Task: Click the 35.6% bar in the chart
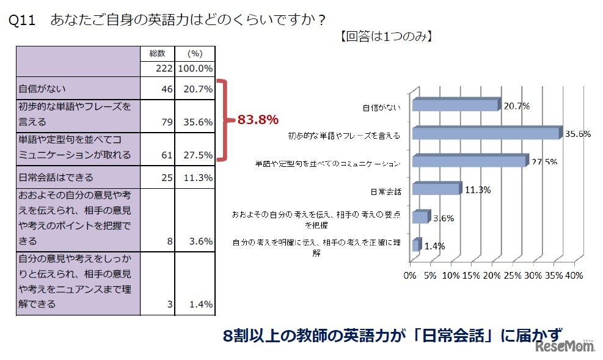(x=486, y=133)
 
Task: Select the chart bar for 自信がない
(x=455, y=105)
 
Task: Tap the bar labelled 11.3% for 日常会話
(x=436, y=188)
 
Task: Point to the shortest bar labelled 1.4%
(x=416, y=244)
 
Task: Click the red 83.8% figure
(x=258, y=120)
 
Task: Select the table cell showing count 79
(x=166, y=122)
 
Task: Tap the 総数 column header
(x=158, y=53)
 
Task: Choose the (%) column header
(x=195, y=53)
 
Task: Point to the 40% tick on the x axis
(x=574, y=276)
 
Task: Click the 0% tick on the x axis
(x=410, y=276)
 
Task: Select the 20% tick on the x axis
(x=492, y=276)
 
